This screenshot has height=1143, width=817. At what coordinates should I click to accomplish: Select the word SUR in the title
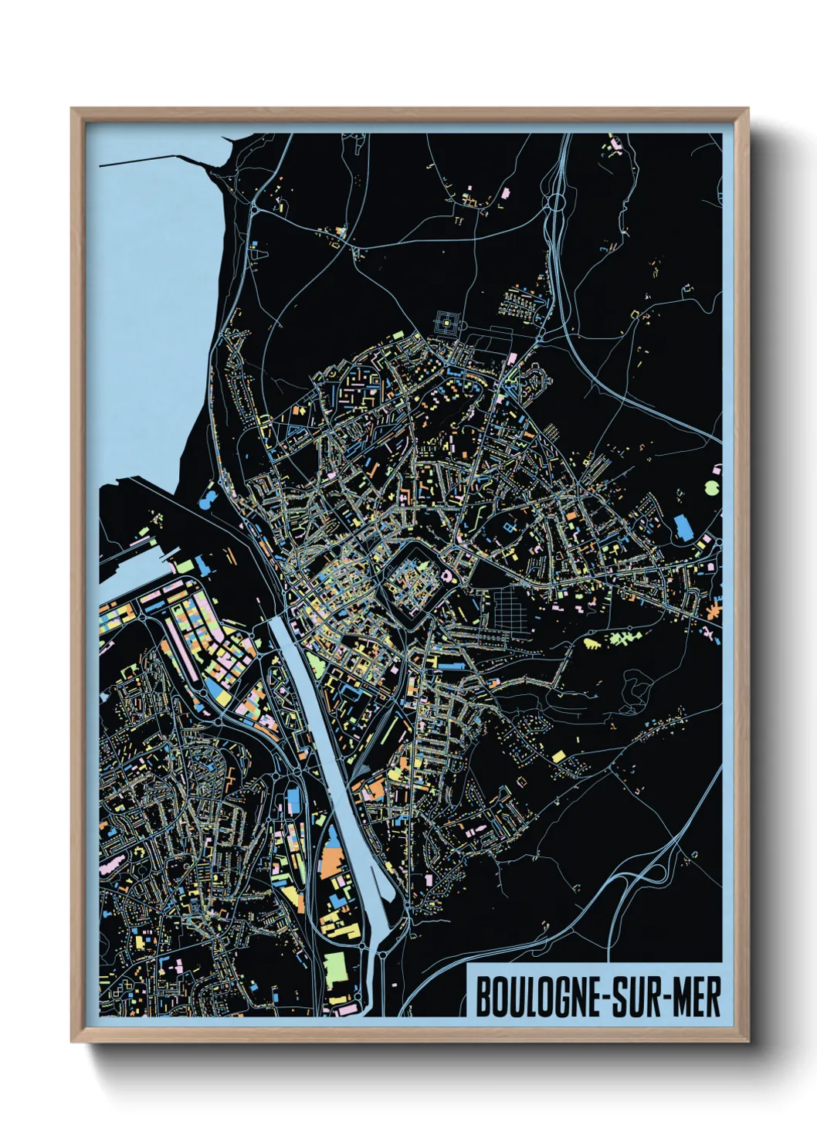(628, 997)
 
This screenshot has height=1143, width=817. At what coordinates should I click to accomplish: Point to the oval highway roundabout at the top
(554, 205)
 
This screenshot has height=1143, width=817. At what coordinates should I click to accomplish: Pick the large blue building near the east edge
(683, 527)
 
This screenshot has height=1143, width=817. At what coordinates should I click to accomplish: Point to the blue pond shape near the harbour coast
(207, 501)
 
